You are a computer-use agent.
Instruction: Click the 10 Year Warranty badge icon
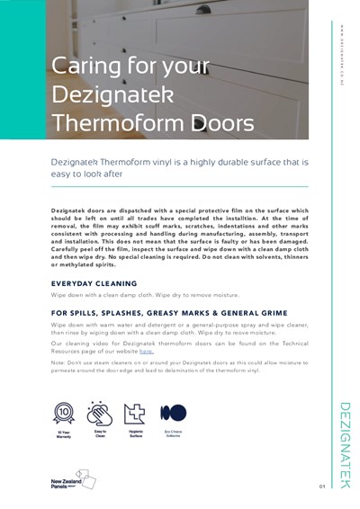[64, 413]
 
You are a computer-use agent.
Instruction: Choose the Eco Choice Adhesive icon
[173, 413]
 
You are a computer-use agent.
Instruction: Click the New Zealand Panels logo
[69, 479]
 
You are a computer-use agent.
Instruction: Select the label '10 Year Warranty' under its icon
[64, 436]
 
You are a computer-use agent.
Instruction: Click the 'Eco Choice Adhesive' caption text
[173, 436]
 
